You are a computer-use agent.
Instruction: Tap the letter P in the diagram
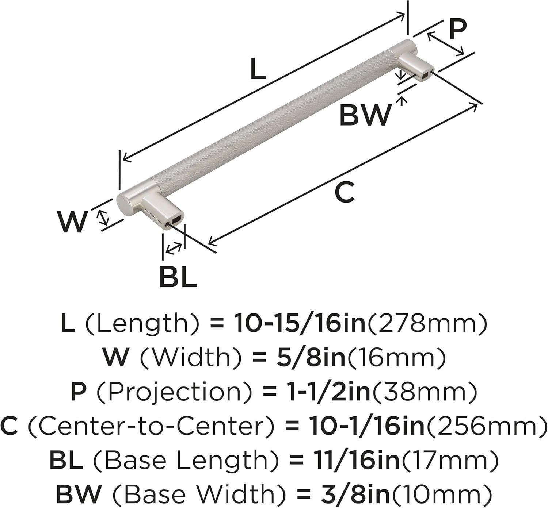coord(458,30)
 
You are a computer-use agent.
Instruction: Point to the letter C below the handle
coord(345,191)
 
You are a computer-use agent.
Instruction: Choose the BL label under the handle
coord(178,277)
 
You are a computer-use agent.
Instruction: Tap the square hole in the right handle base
coord(426,73)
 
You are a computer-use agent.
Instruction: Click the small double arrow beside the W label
coord(103,217)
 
